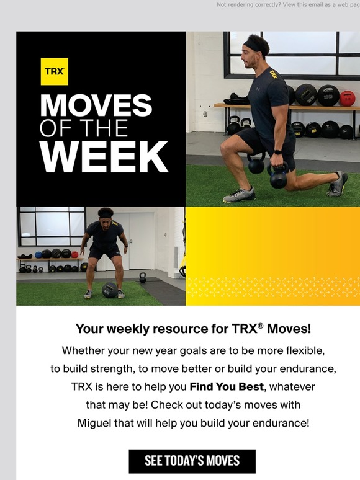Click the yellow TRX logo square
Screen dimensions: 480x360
pyautogui.click(x=55, y=72)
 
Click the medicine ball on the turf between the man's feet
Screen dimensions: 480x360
pyautogui.click(x=109, y=289)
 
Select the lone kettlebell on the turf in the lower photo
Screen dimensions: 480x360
pyautogui.click(x=142, y=277)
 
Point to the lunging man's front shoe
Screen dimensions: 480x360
pyautogui.click(x=238, y=195)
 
